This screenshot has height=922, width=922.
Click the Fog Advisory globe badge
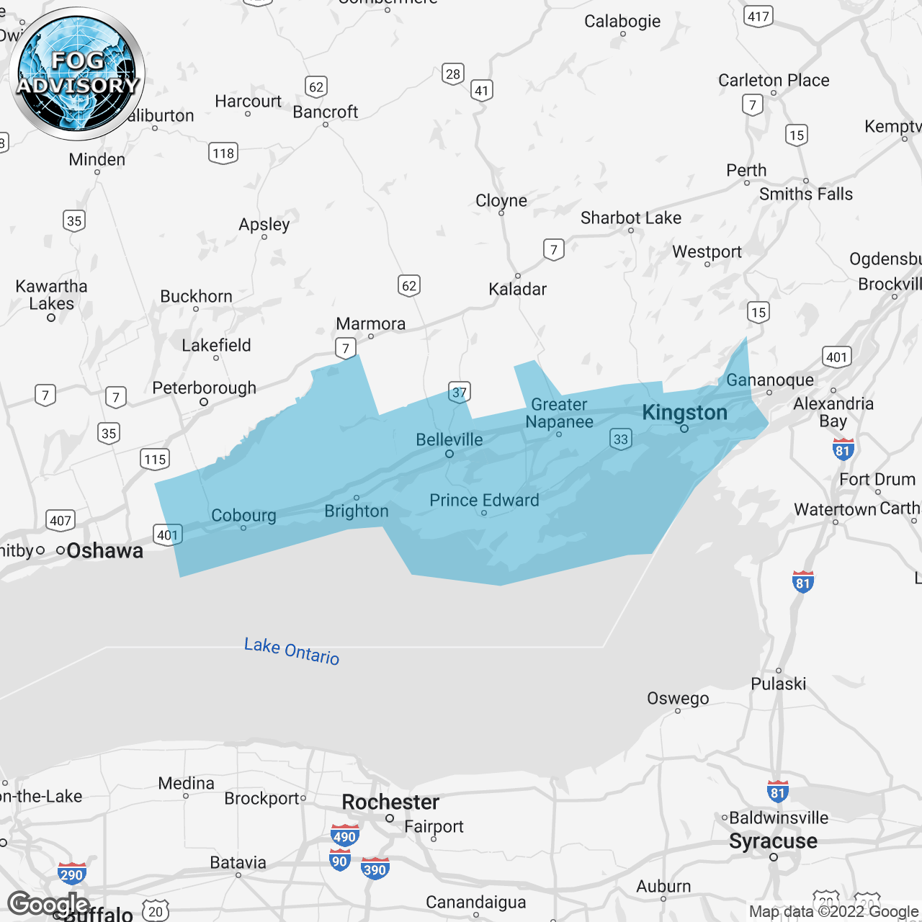(x=78, y=74)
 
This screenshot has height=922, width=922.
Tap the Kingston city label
(x=684, y=413)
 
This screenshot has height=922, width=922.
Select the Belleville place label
(x=449, y=439)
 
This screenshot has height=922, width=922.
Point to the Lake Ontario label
(x=292, y=650)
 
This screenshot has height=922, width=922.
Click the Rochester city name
(x=390, y=802)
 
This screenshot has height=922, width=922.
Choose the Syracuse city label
(x=773, y=841)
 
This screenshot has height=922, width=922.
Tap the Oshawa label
(x=105, y=551)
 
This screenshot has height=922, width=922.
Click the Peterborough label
(x=205, y=388)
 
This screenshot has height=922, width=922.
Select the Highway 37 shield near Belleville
(x=459, y=393)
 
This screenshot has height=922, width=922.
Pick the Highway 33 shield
(x=620, y=439)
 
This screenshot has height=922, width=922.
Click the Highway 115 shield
(x=155, y=459)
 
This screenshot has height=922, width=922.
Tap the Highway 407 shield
(x=61, y=520)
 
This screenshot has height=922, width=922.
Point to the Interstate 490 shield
(x=344, y=836)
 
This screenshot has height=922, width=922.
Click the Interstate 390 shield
(x=375, y=869)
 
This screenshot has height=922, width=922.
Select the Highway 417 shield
(x=758, y=17)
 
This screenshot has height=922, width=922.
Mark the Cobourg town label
(x=243, y=516)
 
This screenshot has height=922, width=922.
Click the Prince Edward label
(x=484, y=500)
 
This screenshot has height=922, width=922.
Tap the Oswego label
(x=678, y=698)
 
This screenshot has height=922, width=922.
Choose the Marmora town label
(x=371, y=324)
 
